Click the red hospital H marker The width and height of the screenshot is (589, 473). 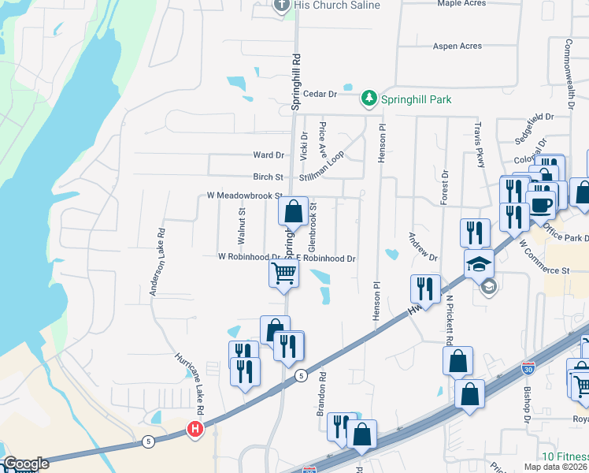pyautogui.click(x=194, y=430)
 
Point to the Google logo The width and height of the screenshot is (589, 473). pyautogui.click(x=25, y=464)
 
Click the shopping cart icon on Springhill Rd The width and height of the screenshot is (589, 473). pyautogui.click(x=283, y=274)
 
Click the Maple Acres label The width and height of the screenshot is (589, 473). pyautogui.click(x=461, y=3)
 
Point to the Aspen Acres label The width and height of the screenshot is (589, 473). pyautogui.click(x=457, y=47)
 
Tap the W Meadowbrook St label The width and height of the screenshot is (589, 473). pyautogui.click(x=244, y=195)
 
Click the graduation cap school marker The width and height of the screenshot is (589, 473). pyautogui.click(x=479, y=264)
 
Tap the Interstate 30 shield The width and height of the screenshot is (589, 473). pyautogui.click(x=527, y=368)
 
